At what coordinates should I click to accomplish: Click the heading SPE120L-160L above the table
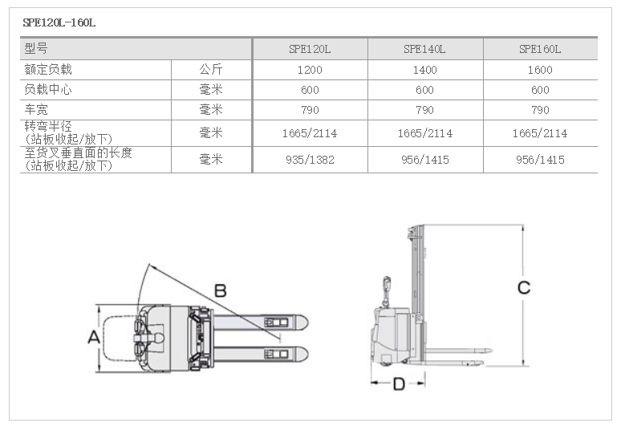pos(59,22)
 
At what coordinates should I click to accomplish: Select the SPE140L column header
pos(424,49)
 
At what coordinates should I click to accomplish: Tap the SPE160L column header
pos(540,49)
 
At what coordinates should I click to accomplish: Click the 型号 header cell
pos(36,48)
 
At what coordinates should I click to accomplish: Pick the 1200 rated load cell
pos(310,70)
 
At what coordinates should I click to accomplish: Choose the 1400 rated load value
pos(424,70)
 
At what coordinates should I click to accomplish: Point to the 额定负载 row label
pos(48,69)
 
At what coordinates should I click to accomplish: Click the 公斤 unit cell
pos(211,69)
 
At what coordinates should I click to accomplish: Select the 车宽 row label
pos(36,109)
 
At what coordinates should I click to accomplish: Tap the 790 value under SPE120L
pos(310,110)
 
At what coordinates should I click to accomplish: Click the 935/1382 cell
pos(310,160)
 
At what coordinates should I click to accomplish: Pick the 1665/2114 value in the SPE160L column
pos(540,133)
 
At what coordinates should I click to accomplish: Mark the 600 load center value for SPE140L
pos(424,90)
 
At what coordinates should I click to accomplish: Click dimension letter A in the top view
pos(94,337)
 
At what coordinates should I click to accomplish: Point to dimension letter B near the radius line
pos(221,291)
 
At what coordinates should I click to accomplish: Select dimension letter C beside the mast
pos(524,287)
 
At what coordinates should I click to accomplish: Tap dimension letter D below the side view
pos(399,384)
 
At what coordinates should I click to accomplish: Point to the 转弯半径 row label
pos(48,126)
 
